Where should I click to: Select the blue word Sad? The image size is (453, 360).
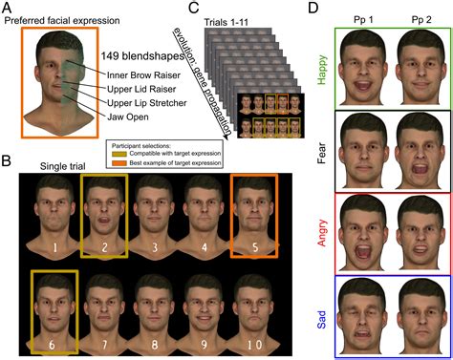coord(320,316)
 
